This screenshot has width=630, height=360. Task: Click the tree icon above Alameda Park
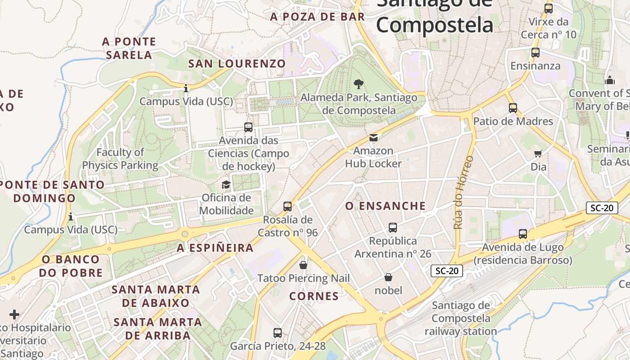359,84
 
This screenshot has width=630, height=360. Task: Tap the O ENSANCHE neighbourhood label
385,206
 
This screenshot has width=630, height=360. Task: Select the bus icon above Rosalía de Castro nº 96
288,207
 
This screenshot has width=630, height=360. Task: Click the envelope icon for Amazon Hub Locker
373,138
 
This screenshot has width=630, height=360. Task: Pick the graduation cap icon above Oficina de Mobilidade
226,184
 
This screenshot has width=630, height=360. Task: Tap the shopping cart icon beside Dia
538,154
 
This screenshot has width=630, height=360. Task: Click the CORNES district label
314,296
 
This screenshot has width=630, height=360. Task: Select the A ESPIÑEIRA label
215,248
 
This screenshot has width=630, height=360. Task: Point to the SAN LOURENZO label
237,64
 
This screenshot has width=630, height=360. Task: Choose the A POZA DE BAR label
317,17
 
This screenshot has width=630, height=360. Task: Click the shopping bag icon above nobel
388,277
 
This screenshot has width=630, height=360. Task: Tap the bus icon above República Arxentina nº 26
393,228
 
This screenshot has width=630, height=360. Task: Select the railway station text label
460,319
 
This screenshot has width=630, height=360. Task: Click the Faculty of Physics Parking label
120,159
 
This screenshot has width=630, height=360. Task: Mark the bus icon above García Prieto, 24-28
278,333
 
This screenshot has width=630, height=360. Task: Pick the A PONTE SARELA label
129,48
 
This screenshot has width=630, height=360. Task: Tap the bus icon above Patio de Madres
513,108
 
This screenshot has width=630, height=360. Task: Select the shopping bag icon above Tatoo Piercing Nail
303,265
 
